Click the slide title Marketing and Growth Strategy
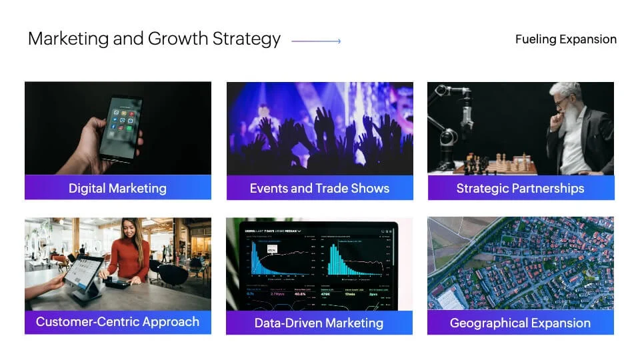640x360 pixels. (x=154, y=39)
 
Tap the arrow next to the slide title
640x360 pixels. (x=316, y=41)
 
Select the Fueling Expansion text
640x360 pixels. (x=566, y=39)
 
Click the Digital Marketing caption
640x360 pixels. (x=117, y=188)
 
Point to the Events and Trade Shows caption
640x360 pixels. (x=319, y=188)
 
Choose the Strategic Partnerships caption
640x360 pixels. (x=521, y=188)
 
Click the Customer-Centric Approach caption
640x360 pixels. (x=117, y=321)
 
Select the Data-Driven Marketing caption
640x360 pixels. (x=319, y=323)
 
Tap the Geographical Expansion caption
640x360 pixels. (x=521, y=323)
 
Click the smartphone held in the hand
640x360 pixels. (x=121, y=128)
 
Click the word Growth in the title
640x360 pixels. (x=178, y=39)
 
